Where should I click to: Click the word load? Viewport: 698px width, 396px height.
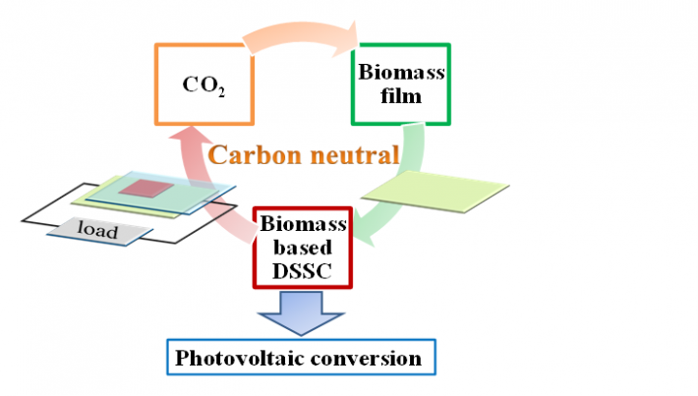(98, 232)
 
